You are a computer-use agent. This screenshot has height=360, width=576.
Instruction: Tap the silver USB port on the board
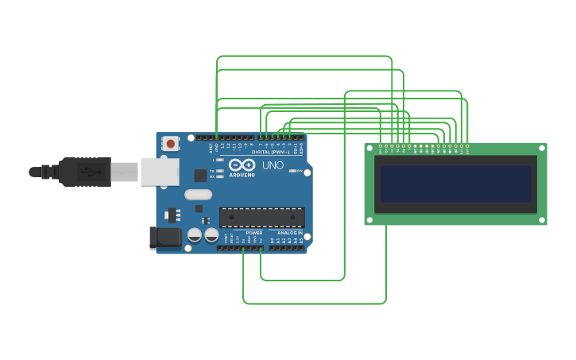pyautogui.click(x=159, y=172)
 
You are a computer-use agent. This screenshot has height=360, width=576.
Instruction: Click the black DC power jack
pyautogui.click(x=164, y=237)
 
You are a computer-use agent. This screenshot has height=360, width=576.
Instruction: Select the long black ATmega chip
pyautogui.click(x=261, y=217)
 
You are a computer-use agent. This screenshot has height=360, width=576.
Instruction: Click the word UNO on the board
pyautogui.click(x=273, y=165)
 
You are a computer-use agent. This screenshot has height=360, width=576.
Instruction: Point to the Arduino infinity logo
pyautogui.click(x=242, y=165)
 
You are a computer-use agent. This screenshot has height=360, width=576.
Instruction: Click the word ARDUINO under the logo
pyautogui.click(x=242, y=175)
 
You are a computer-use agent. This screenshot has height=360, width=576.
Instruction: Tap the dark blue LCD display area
pyautogui.click(x=455, y=184)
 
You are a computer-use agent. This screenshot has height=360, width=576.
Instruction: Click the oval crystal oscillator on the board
pyautogui.click(x=198, y=194)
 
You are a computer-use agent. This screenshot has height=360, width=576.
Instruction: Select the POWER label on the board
pyautogui.click(x=254, y=233)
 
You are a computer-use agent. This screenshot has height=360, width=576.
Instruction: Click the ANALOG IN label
pyautogui.click(x=289, y=233)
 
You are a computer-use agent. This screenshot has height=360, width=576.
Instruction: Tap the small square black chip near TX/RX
pyautogui.click(x=200, y=175)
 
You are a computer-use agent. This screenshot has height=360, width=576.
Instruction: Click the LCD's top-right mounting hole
pyautogui.click(x=541, y=149)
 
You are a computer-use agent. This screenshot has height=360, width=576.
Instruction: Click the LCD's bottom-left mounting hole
pyautogui.click(x=370, y=219)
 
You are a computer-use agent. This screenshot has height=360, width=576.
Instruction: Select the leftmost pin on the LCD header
pyautogui.click(x=381, y=146)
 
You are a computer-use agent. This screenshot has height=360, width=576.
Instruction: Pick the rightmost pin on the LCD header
pyautogui.click(x=466, y=146)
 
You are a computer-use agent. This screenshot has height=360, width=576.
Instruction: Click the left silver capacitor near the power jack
pyautogui.click(x=195, y=235)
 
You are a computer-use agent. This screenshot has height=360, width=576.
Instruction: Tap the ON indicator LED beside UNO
pyautogui.click(x=293, y=171)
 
